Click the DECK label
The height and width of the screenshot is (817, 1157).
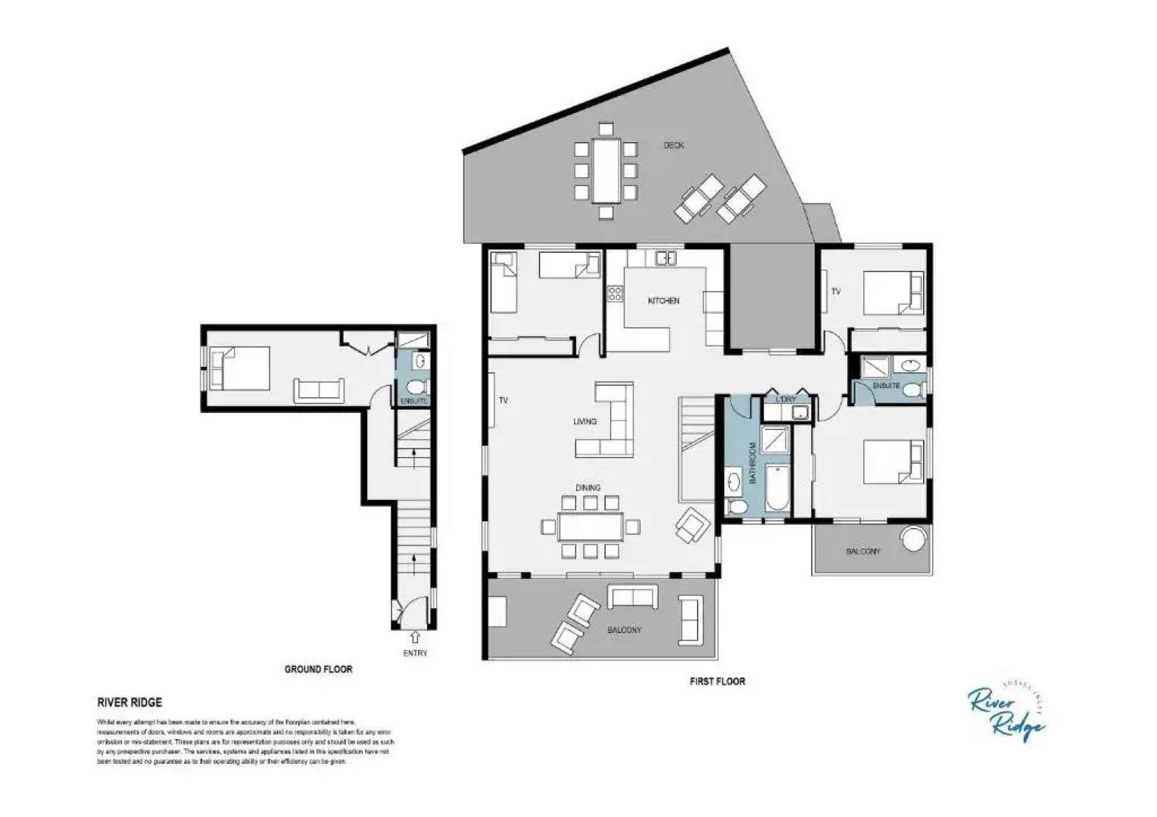[673, 145]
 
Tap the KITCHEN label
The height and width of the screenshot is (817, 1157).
[663, 301]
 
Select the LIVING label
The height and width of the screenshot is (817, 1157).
[585, 421]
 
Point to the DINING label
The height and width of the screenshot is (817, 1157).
[588, 488]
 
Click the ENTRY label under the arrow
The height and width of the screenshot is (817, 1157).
[415, 653]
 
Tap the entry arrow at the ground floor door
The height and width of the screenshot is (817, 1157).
[415, 638]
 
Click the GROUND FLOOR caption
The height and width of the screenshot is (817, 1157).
[318, 669]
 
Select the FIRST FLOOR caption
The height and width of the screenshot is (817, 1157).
[717, 682]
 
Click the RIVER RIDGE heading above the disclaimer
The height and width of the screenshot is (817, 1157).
[129, 702]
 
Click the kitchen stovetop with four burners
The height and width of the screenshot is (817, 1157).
[615, 293]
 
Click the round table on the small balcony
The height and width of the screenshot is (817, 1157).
[913, 539]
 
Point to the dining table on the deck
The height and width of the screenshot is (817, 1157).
[606, 169]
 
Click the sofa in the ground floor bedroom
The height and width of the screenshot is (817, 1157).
[319, 390]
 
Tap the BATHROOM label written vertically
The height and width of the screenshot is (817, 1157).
[753, 463]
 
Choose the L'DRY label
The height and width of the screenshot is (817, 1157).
[786, 399]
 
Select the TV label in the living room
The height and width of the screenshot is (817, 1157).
[503, 401]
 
